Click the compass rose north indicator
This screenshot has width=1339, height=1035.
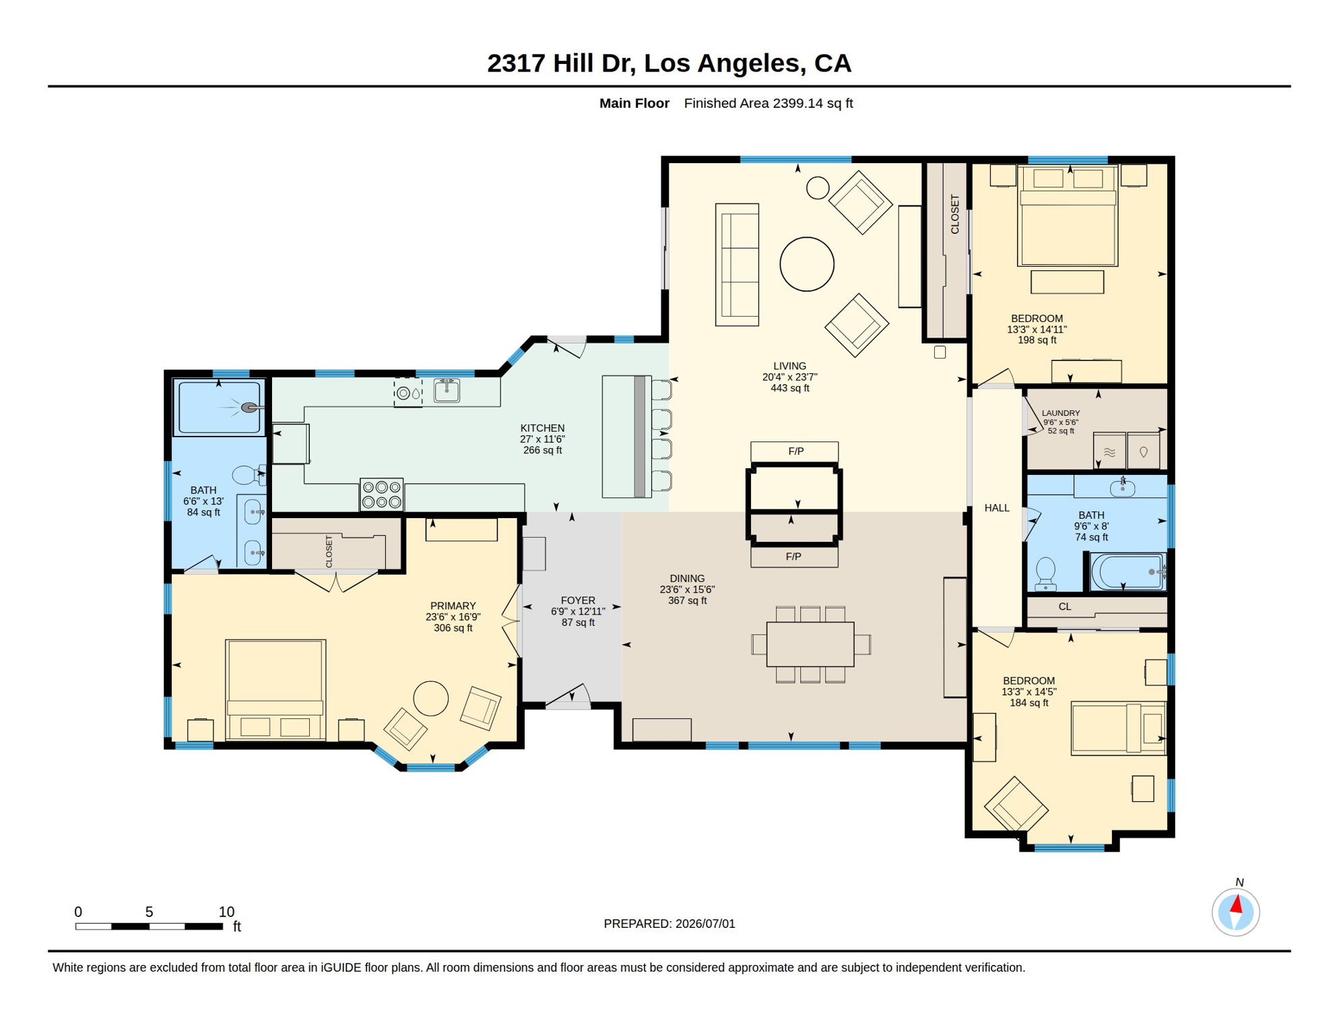[1235, 912]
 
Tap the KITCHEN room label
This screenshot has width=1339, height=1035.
[542, 428]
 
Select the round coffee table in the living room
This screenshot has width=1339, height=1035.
[807, 264]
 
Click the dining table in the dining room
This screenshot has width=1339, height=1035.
[810, 644]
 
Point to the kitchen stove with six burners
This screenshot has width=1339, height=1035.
[382, 494]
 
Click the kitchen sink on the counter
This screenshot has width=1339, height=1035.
[447, 391]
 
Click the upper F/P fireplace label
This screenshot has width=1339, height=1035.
[796, 451]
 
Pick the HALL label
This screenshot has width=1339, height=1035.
[997, 508]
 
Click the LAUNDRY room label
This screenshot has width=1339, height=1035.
[1061, 413]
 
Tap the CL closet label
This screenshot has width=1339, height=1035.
[1065, 606]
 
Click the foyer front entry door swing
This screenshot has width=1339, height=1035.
[568, 696]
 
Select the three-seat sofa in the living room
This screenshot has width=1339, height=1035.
[737, 265]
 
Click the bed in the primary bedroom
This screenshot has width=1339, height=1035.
[275, 689]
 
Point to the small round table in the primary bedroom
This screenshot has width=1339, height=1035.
[430, 698]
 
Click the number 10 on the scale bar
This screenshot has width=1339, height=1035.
[226, 912]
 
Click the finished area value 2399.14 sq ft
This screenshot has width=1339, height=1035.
[813, 103]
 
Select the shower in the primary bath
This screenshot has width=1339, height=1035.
[218, 408]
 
